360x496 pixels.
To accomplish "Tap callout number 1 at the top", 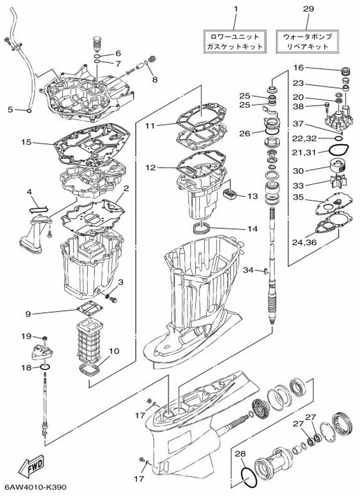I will (x=236, y=9).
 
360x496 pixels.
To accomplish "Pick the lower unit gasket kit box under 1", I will (x=234, y=41).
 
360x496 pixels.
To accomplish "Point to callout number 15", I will (x=26, y=142).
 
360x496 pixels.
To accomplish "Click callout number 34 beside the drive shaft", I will (x=249, y=270).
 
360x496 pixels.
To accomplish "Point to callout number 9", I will (x=28, y=314).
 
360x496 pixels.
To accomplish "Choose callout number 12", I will (x=150, y=168).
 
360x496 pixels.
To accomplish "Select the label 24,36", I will (x=304, y=243).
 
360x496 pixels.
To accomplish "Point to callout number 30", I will (x=298, y=170).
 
